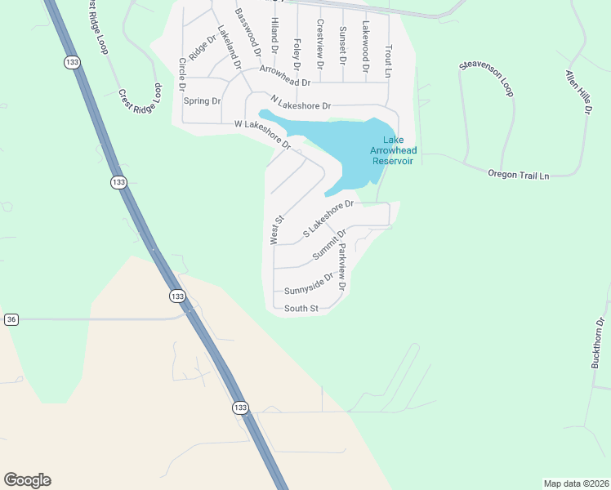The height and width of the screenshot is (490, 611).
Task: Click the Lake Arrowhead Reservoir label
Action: tap(393, 151)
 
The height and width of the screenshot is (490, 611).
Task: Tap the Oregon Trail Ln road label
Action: tap(519, 174)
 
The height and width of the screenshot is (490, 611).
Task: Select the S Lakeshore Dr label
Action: tap(328, 218)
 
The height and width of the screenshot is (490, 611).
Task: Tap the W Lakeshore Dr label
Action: tap(263, 135)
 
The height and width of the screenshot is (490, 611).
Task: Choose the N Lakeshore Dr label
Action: tap(300, 105)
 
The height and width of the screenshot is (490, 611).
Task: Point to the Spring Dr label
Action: tap(202, 101)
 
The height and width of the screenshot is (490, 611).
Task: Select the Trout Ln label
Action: tap(389, 60)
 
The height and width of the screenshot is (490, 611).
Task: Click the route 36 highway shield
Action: tap(11, 319)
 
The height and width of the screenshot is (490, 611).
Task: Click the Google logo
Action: tap(27, 480)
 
